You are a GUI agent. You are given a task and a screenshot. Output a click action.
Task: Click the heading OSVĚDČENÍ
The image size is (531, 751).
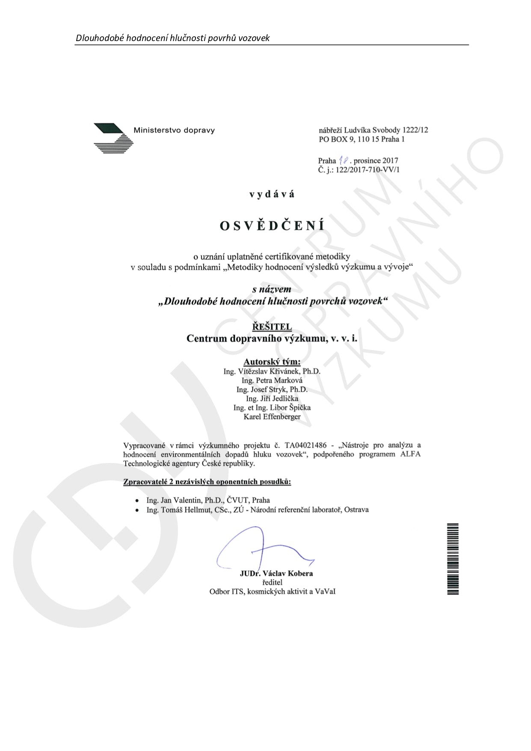click(x=272, y=226)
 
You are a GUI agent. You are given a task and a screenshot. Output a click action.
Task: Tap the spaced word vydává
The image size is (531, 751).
click(x=272, y=194)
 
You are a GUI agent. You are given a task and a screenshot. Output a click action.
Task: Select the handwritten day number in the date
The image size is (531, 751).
click(x=343, y=160)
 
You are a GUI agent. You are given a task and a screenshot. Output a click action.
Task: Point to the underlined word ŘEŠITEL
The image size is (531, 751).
click(x=272, y=327)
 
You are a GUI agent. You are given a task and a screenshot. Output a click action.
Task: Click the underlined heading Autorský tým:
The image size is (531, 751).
click(x=272, y=362)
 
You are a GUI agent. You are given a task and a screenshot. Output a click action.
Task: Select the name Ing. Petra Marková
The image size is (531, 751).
click(x=272, y=380)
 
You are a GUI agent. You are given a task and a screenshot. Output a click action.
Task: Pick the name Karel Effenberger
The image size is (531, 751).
click(x=272, y=416)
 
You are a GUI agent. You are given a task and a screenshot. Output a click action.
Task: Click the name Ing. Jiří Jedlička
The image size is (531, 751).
click(x=272, y=398)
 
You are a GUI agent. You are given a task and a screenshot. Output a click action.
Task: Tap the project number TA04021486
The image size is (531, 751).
click(x=306, y=445)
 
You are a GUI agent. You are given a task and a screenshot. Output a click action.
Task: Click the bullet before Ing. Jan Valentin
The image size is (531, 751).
click(x=137, y=500)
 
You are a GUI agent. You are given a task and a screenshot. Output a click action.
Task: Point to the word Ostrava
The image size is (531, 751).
click(x=356, y=510)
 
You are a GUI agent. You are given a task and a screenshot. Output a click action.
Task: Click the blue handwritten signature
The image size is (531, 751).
click(x=261, y=550)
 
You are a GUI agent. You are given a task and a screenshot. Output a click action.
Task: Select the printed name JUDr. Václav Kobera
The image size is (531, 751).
click(x=276, y=573)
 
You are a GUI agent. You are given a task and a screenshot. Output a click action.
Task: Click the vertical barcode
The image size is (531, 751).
click(x=453, y=558)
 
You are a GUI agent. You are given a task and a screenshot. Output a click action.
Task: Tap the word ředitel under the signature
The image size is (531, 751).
click(x=272, y=582)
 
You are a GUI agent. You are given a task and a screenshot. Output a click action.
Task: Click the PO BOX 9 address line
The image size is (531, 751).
click(x=362, y=139)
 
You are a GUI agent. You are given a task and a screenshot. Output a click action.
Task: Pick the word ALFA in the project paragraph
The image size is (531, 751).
click(x=410, y=454)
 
